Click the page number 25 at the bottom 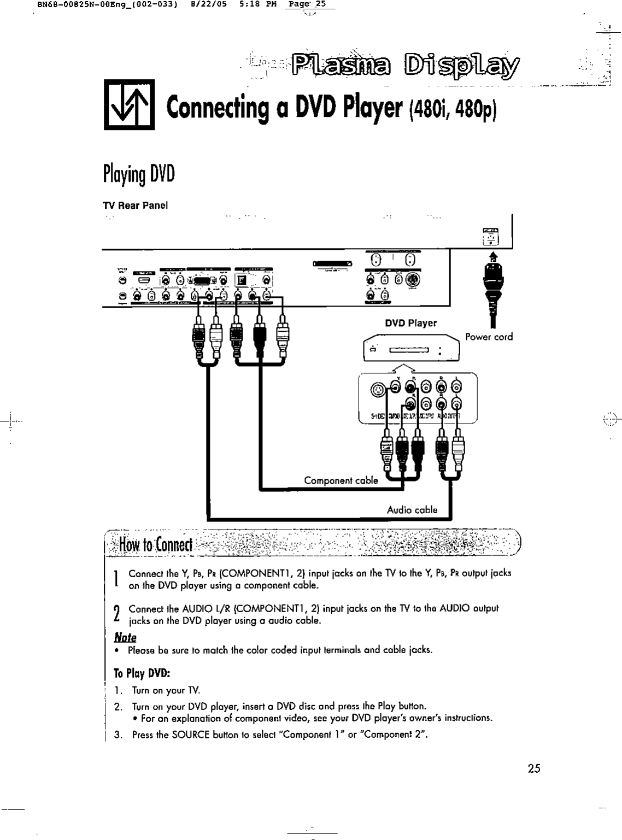pos(534,768)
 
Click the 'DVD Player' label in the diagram pos(410,323)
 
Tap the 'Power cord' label pos(489,337)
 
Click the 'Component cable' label pos(341,480)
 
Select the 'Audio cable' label pos(412,510)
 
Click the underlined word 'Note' pos(125,638)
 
